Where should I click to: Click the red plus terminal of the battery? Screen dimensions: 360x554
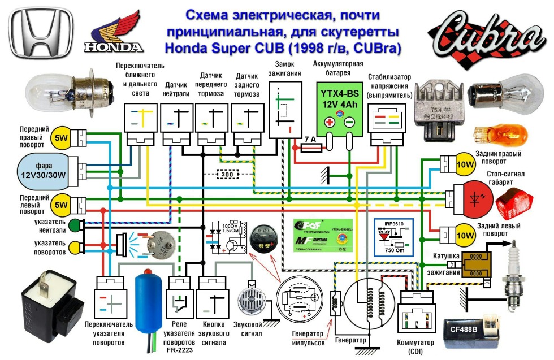pyautogui.click(x=328, y=122)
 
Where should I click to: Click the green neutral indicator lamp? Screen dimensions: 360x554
pyautogui.click(x=76, y=225)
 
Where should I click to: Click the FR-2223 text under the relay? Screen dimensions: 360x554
pyautogui.click(x=179, y=350)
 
